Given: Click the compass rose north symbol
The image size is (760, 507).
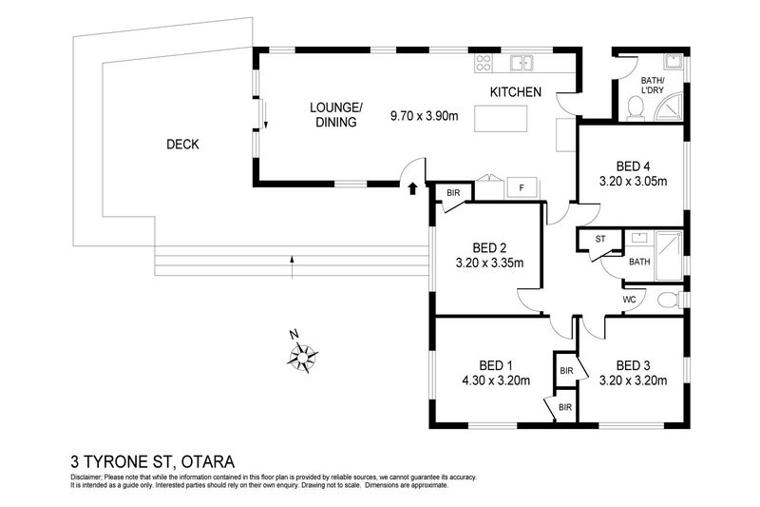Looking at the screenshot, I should click(x=303, y=356).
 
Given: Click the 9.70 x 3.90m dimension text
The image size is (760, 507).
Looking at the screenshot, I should click(x=424, y=118).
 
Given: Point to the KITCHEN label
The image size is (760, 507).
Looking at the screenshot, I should click(x=515, y=92).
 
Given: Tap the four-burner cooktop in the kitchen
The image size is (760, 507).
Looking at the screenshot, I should click(x=482, y=64).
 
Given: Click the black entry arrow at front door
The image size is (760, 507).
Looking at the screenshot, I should click(x=410, y=189).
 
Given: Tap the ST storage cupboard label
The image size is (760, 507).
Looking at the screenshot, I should click(x=600, y=239).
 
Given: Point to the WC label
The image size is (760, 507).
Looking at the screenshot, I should click(x=628, y=300).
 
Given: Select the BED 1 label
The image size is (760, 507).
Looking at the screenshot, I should click(x=495, y=365).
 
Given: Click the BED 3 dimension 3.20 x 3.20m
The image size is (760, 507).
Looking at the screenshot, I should click(x=635, y=381).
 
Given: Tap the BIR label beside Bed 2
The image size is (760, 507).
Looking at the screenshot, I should click(x=453, y=193).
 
